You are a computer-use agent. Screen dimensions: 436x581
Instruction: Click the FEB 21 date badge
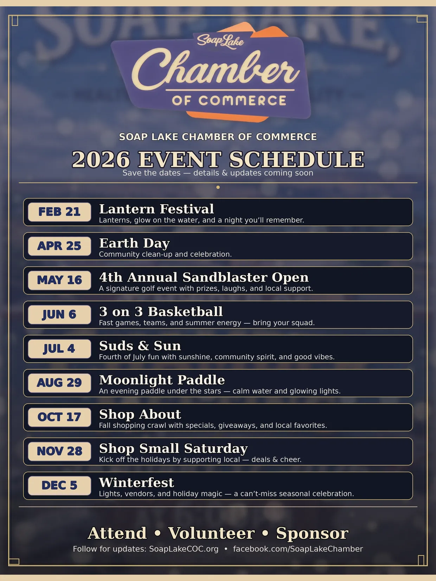pos(59,212)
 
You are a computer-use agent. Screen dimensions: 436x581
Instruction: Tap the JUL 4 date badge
pos(59,349)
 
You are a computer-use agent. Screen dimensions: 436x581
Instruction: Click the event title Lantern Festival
pos(156,209)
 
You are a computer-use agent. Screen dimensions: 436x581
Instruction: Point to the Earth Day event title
pos(134,243)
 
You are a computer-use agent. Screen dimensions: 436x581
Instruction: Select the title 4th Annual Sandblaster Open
pos(204,277)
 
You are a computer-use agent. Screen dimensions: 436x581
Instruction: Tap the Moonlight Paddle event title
pos(162,380)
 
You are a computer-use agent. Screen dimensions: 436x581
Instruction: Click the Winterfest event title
pos(136,483)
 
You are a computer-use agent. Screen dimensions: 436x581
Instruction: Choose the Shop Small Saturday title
pos(173,448)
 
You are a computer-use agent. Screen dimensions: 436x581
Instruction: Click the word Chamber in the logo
pos(216,71)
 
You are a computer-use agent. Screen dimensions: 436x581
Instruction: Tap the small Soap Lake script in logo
pos(220,41)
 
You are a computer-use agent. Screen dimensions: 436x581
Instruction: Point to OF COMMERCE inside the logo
pos(229,101)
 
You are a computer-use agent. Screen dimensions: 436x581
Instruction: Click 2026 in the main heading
pos(101,159)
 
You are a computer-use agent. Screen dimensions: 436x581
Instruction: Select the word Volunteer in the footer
pos(211,533)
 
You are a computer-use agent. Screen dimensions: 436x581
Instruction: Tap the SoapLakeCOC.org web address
pos(184,549)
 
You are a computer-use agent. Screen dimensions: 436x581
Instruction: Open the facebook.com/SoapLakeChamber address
pos(298,549)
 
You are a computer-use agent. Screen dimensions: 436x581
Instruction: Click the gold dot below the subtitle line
pos(218,187)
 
